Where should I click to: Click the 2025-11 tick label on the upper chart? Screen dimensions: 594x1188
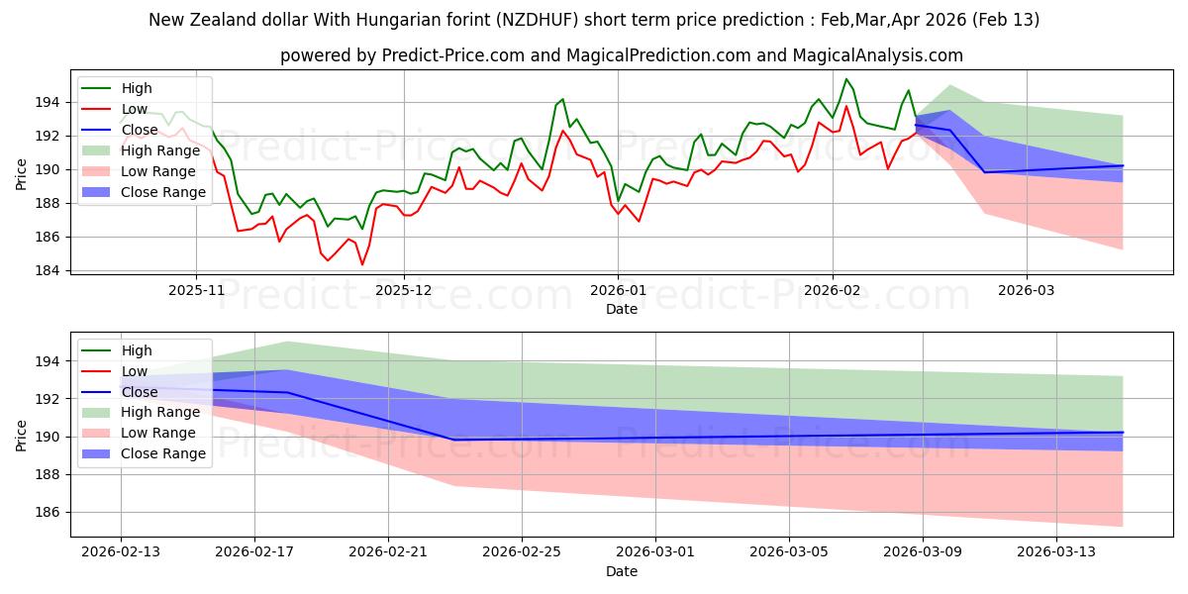tap(196, 291)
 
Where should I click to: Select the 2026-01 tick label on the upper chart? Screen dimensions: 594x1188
tap(618, 291)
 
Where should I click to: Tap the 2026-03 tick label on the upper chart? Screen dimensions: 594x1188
tap(1027, 291)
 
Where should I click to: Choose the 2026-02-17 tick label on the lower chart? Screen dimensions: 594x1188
tap(254, 552)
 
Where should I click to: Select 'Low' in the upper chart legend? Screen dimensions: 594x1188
tap(136, 109)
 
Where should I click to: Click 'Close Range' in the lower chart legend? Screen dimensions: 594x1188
tap(163, 453)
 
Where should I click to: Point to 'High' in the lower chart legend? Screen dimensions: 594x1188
tap(137, 350)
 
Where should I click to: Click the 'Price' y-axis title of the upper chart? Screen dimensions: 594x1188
tap(22, 173)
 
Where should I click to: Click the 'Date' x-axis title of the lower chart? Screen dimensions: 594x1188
tap(622, 571)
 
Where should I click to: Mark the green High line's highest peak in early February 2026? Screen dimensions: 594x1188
tap(846, 79)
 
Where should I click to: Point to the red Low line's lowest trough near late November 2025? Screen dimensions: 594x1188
tap(362, 264)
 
